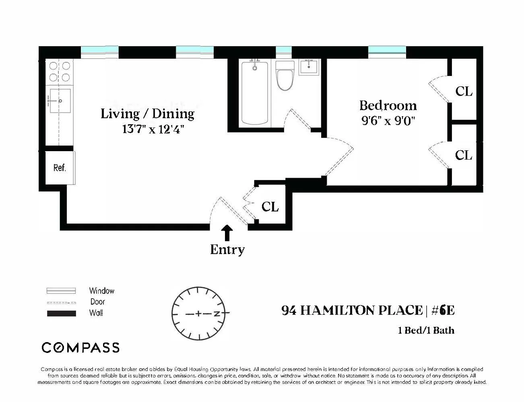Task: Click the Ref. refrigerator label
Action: tap(59, 168)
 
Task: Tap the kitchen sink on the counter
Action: tap(60, 101)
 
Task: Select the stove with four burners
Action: tap(60, 72)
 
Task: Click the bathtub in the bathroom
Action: tap(254, 93)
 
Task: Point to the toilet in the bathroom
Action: tap(285, 77)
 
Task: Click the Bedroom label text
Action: tap(388, 105)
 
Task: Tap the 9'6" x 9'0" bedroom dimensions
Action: tap(388, 121)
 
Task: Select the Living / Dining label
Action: tap(147, 114)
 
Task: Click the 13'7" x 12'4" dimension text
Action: tap(153, 129)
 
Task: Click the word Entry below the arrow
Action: tap(227, 250)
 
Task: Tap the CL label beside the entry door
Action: tap(270, 207)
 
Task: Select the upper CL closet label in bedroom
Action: tap(464, 91)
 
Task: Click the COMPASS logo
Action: tap(80, 347)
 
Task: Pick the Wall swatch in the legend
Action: tap(61, 314)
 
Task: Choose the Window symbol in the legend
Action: tap(61, 291)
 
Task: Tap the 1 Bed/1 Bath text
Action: tap(426, 330)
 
